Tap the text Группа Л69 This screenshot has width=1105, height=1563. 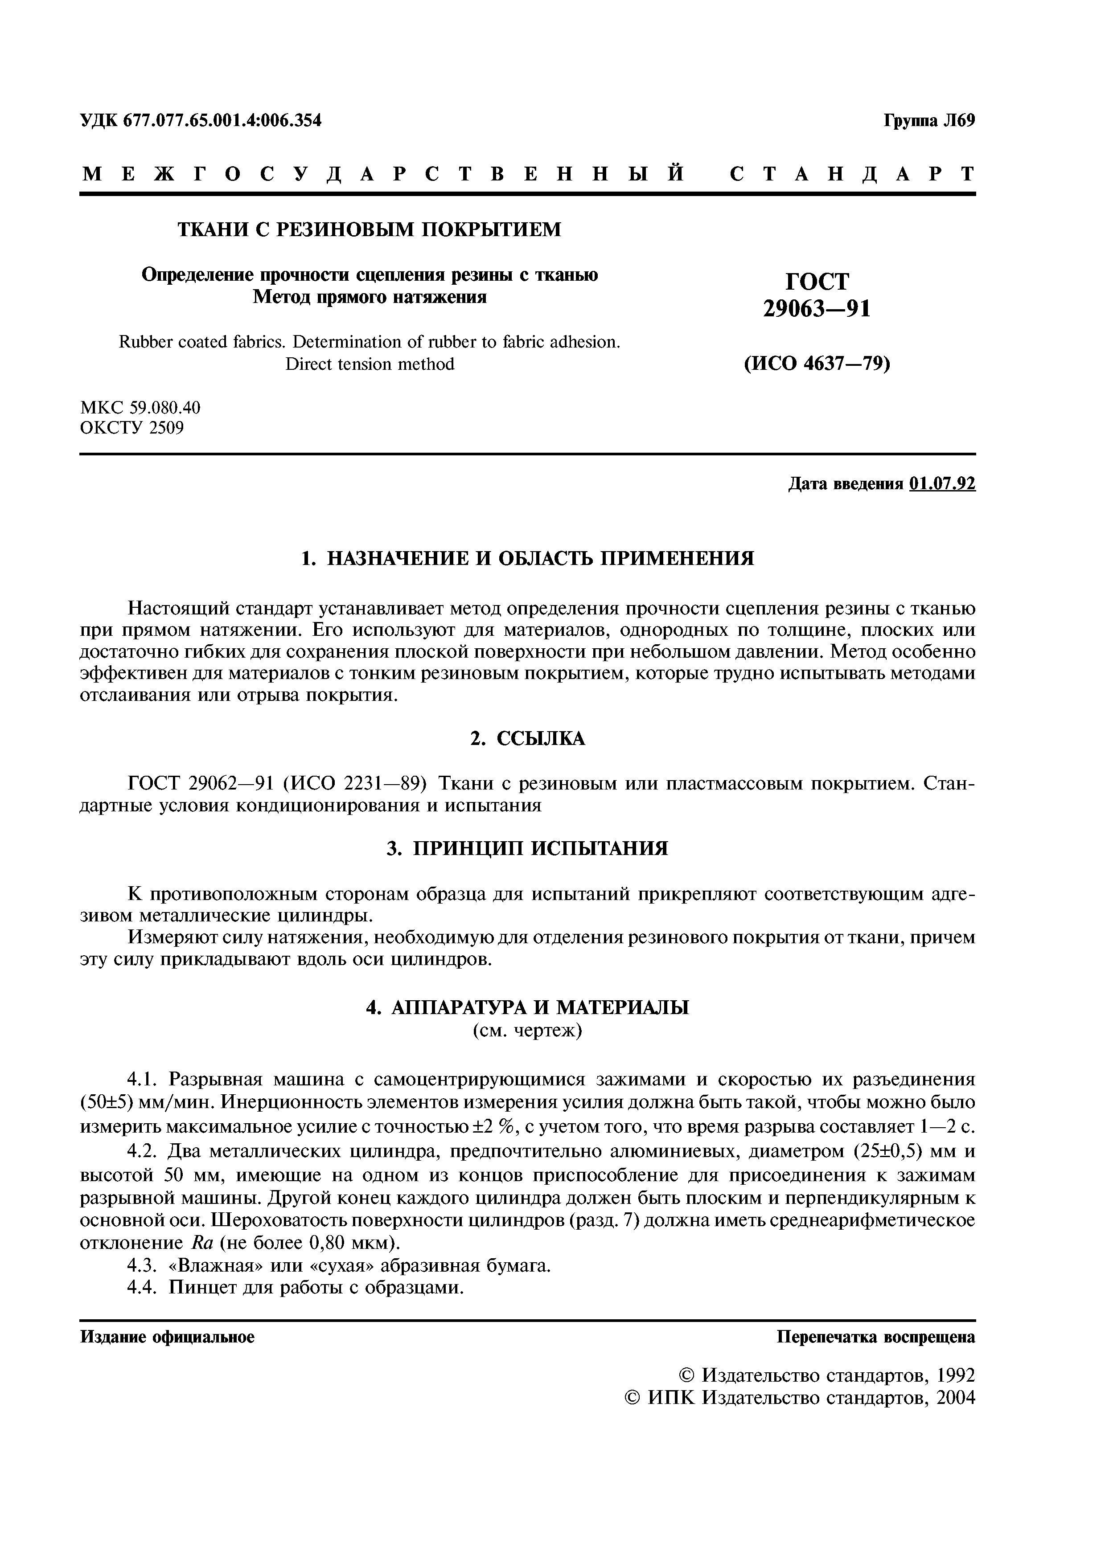tap(929, 121)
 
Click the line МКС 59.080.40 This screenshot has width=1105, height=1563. tap(140, 408)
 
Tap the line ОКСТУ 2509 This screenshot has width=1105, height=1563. tap(132, 428)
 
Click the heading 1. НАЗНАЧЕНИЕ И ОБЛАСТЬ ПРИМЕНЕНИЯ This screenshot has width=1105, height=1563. tap(528, 559)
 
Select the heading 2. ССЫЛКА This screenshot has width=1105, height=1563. tap(528, 739)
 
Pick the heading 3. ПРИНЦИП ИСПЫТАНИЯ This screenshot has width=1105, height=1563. tap(528, 849)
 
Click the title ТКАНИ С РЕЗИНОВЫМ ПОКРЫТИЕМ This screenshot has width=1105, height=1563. tap(370, 230)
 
